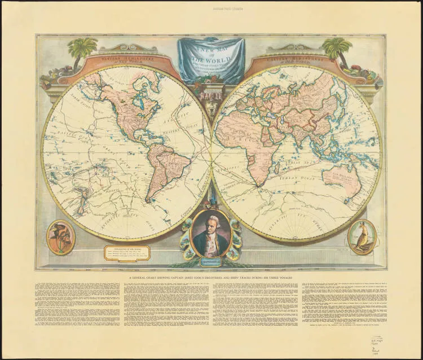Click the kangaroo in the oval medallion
click(x=362, y=238)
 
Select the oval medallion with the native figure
click(x=60, y=238)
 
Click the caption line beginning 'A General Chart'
click(x=211, y=277)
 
